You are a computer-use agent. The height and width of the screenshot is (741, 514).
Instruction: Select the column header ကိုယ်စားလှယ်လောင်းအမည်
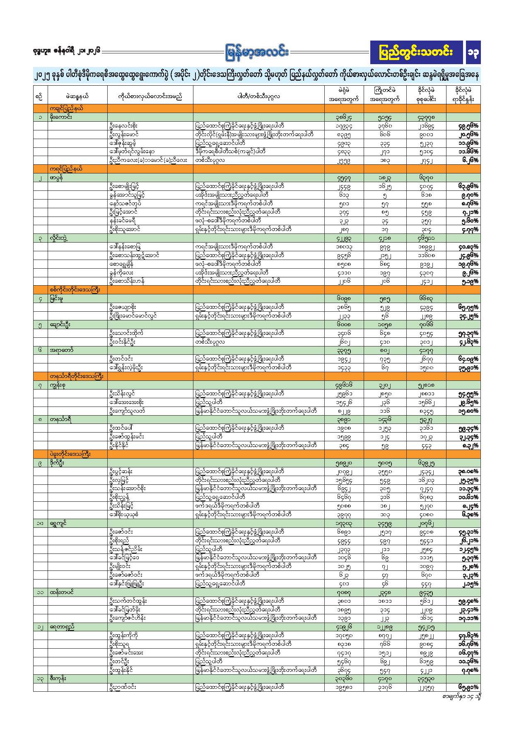coord(150,96)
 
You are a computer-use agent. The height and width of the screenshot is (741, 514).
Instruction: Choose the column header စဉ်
coord(40,96)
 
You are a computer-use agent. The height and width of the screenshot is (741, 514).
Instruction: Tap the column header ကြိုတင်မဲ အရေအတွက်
coord(385,94)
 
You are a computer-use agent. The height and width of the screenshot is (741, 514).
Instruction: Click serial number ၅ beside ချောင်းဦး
coord(40,325)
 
